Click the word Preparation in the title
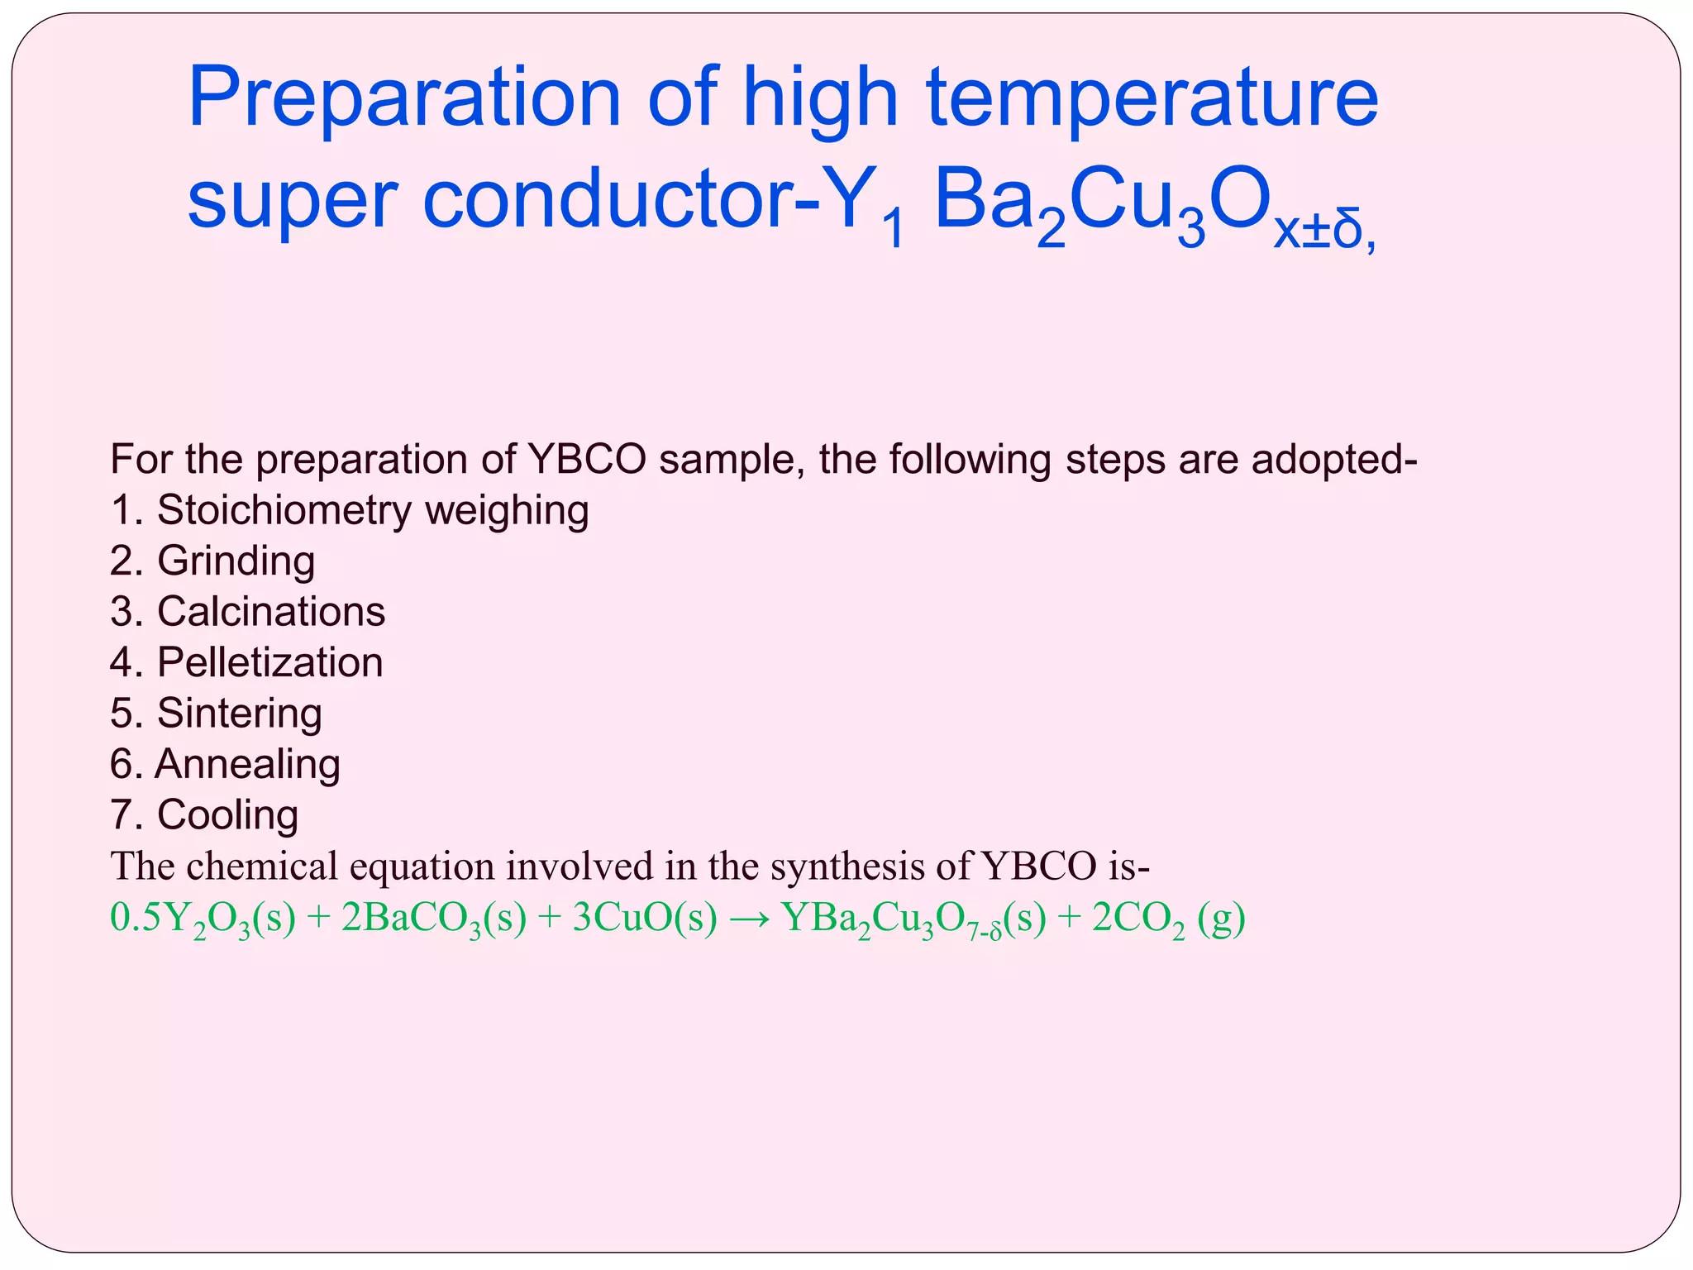point(404,99)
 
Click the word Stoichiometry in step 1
point(284,510)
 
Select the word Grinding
point(236,561)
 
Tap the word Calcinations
point(270,612)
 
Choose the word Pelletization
point(269,662)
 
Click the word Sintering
point(239,713)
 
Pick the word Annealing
point(247,764)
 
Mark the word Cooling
point(227,814)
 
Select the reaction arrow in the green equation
point(749,919)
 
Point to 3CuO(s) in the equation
point(644,919)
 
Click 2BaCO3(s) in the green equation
point(433,919)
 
